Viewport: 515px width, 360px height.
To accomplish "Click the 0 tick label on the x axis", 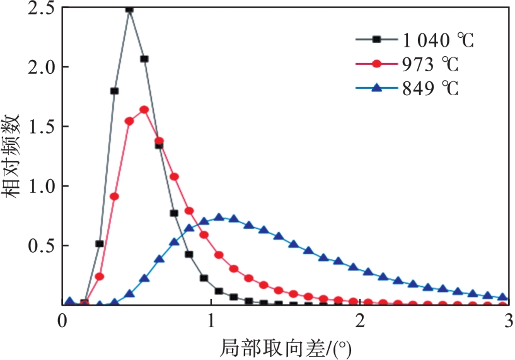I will (x=62, y=320).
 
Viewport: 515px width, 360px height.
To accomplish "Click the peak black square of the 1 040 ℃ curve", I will (x=129, y=9).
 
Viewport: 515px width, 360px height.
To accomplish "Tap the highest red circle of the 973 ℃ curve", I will (x=144, y=109).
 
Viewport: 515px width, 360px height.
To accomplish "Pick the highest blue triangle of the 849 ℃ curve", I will (x=219, y=217).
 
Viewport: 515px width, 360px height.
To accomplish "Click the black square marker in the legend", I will (x=376, y=40).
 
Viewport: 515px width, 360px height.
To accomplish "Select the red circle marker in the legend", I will (x=376, y=64).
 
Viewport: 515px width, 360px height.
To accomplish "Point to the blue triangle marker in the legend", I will (x=376, y=88).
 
